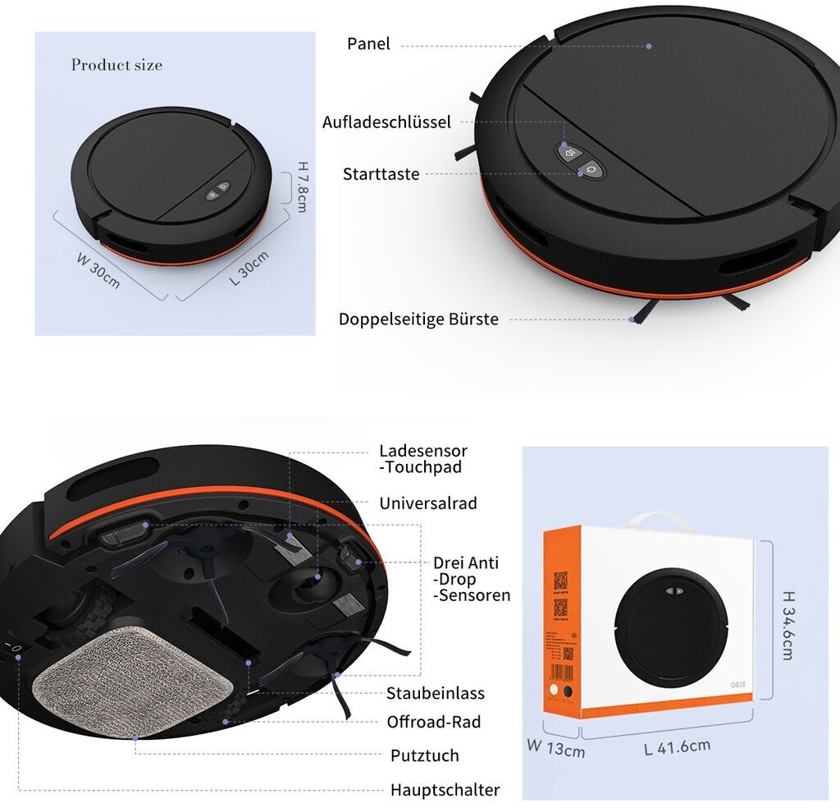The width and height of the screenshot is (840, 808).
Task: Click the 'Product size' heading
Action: click(116, 65)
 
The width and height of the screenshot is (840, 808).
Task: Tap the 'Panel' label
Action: click(368, 44)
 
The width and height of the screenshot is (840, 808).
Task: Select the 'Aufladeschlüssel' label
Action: click(386, 122)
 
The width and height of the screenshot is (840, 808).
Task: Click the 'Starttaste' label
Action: click(381, 174)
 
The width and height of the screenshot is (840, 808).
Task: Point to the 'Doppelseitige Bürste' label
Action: click(418, 319)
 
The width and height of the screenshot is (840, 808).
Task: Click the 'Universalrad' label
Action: click(427, 503)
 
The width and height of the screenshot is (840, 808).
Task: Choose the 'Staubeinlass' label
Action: click(436, 693)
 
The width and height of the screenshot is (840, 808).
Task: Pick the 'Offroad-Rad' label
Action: click(434, 722)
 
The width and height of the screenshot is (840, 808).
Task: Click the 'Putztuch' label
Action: click(424, 755)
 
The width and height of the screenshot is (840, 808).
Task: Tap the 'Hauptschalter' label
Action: click(445, 790)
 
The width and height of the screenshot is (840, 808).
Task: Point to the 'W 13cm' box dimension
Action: click(555, 748)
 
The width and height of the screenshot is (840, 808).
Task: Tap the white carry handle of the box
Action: click(655, 523)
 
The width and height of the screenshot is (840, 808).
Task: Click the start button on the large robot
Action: click(591, 170)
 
